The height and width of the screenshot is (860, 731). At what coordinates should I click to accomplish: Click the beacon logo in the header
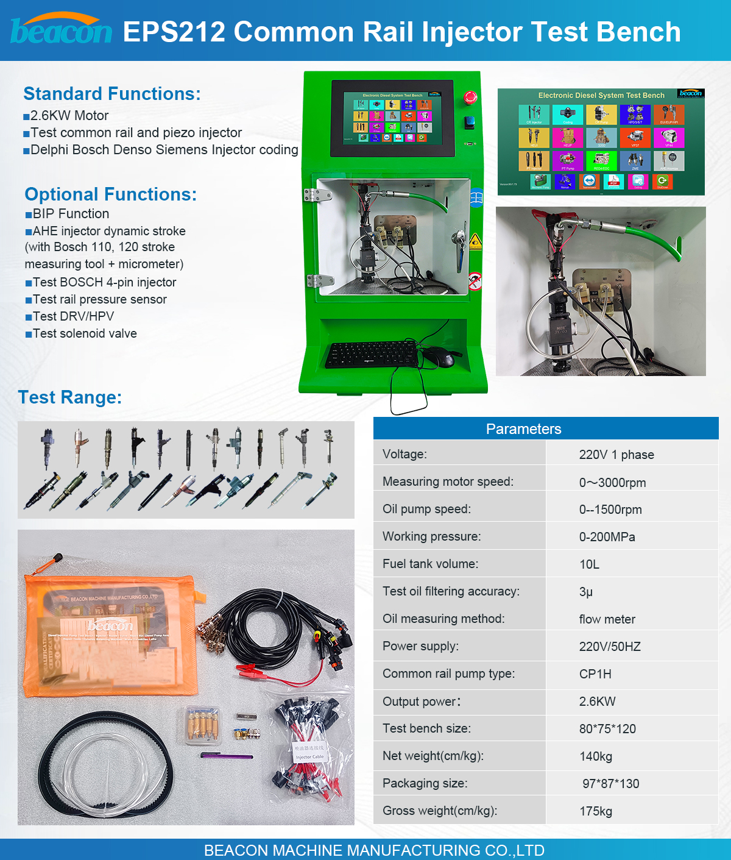coord(61,30)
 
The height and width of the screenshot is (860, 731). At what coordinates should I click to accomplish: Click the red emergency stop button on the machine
coord(470,98)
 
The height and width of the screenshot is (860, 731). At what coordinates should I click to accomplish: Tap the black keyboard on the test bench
coord(372,354)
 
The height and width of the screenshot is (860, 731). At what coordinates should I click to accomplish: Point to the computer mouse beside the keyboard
coord(438,356)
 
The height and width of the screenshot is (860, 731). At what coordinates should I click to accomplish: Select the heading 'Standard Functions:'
coord(112,94)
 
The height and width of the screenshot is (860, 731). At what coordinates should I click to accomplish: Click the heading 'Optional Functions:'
coord(111,194)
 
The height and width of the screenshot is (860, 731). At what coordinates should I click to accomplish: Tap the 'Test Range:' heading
coord(70,397)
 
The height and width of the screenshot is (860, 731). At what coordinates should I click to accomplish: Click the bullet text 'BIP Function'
coord(71,214)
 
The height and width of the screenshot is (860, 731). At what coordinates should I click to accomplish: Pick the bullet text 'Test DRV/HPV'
coord(73,316)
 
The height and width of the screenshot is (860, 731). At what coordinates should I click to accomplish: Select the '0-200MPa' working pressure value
coord(607,537)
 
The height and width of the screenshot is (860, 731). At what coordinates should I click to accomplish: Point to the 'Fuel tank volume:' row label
coord(430,564)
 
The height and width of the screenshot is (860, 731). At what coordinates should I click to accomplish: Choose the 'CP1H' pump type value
coord(595,674)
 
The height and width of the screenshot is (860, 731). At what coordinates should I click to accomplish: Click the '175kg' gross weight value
coord(596,811)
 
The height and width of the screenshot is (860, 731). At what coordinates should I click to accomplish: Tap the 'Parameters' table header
coord(523,429)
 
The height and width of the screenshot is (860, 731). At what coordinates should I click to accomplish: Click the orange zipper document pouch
coord(110,634)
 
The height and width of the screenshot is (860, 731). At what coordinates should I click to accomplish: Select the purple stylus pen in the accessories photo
coord(227,756)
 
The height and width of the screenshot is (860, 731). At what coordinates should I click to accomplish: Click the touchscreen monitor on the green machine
coord(392,118)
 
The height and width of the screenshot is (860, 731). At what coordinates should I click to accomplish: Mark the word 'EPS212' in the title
coord(174,32)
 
